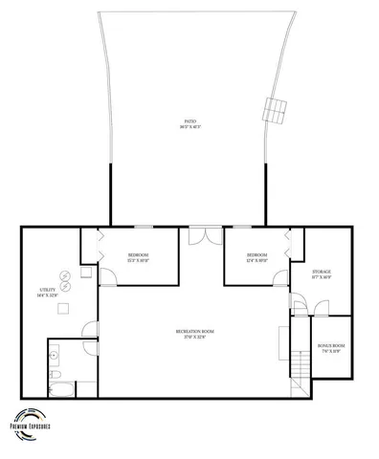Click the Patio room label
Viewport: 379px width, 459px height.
pyautogui.click(x=191, y=123)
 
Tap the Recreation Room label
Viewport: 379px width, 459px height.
pyautogui.click(x=194, y=333)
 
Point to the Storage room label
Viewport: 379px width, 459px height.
pyautogui.click(x=321, y=274)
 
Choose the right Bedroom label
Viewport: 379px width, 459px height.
pyautogui.click(x=256, y=257)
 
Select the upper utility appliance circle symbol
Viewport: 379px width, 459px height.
pyautogui.click(x=64, y=274)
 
